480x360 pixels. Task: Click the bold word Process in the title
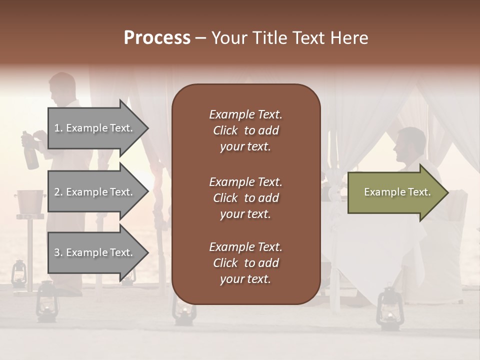(x=157, y=38)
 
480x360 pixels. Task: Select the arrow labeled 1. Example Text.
(x=95, y=128)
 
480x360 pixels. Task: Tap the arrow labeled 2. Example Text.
(x=95, y=192)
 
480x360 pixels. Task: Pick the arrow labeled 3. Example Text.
(x=95, y=252)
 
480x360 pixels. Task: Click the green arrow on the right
(x=395, y=192)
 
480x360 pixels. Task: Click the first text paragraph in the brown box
(x=245, y=130)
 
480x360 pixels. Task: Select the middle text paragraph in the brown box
(x=245, y=198)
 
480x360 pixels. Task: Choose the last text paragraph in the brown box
(x=245, y=263)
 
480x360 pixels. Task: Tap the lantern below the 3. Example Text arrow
(x=48, y=300)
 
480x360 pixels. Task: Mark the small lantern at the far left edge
(x=18, y=272)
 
